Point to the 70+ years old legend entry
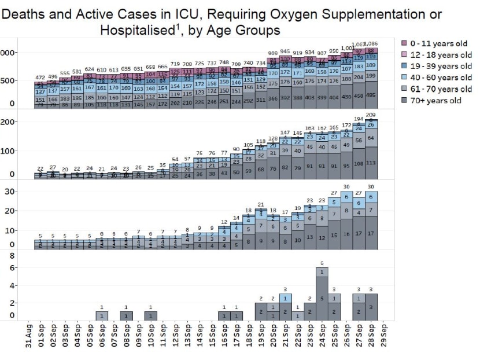[x=435, y=101]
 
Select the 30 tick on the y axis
[x=10, y=192]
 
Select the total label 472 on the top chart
[x=40, y=78]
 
